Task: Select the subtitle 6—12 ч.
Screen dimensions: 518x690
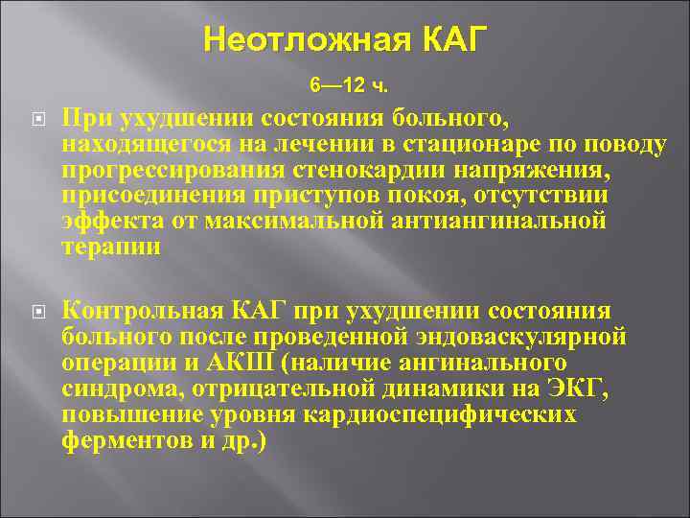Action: (349, 87)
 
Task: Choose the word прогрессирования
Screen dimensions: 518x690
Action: (158, 170)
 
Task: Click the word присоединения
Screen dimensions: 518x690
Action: (133, 196)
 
